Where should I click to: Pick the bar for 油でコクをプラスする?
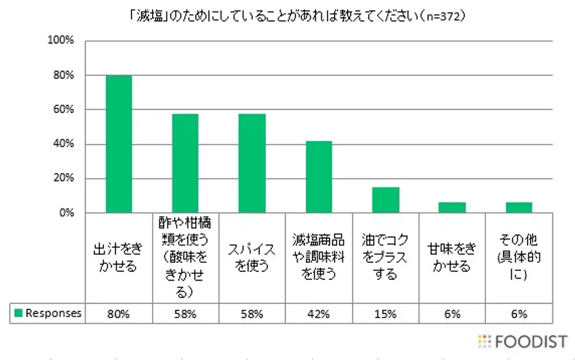point(385,200)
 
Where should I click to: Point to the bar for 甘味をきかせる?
point(452,207)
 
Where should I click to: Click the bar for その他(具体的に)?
point(519,207)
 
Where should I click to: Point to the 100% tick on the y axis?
point(60,40)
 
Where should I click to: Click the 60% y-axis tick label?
point(63,110)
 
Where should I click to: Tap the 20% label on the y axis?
point(63,179)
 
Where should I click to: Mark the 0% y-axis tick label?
point(66,213)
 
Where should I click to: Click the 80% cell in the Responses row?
point(118,313)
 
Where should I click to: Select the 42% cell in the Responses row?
point(319,313)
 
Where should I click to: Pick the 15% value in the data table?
point(385,313)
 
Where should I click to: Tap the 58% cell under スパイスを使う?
point(252,313)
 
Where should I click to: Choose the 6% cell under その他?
point(519,313)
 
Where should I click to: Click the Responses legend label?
point(53,313)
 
